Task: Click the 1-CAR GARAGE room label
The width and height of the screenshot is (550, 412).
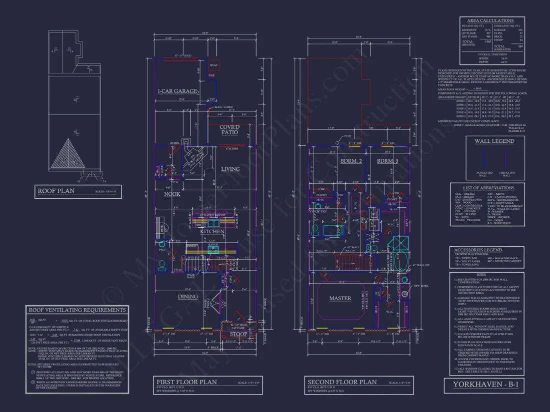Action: [177, 91]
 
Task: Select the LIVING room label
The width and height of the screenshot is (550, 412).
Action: [230, 169]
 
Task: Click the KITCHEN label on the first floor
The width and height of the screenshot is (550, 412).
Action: [212, 231]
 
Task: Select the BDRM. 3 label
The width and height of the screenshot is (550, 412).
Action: [387, 161]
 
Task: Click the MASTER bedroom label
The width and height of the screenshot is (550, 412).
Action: [340, 298]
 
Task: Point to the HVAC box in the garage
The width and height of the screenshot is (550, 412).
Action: [214, 65]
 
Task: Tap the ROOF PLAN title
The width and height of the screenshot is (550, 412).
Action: [55, 190]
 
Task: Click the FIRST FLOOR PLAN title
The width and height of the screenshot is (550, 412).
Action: [186, 382]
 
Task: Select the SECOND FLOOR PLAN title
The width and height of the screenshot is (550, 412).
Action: [342, 382]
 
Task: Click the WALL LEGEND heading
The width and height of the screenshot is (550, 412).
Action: [494, 141]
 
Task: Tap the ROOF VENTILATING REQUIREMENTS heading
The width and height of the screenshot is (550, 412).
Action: [77, 310]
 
